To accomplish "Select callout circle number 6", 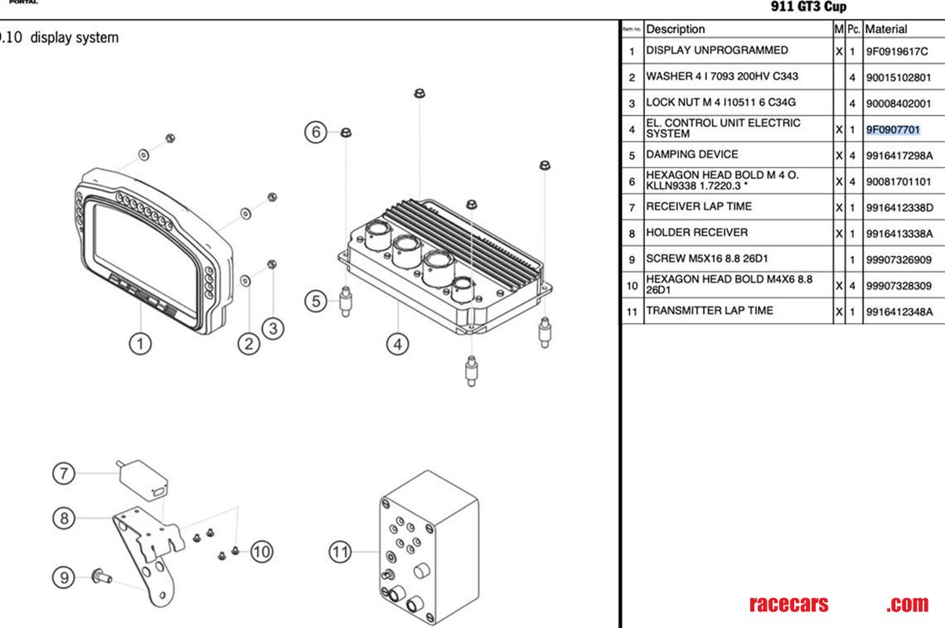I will point(315,132).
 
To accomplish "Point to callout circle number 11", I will point(341,551).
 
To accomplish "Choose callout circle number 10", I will point(262,551).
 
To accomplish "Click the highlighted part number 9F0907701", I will point(893,129).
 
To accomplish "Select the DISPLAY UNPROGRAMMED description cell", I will point(717,51).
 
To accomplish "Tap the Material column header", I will point(886,29).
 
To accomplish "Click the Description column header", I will point(676,29).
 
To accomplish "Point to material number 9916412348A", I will point(899,312).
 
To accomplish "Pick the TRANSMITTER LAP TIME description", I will point(710,311).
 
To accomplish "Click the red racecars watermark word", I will point(788,604).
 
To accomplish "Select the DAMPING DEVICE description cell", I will point(692,155).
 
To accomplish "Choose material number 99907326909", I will point(899,259).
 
